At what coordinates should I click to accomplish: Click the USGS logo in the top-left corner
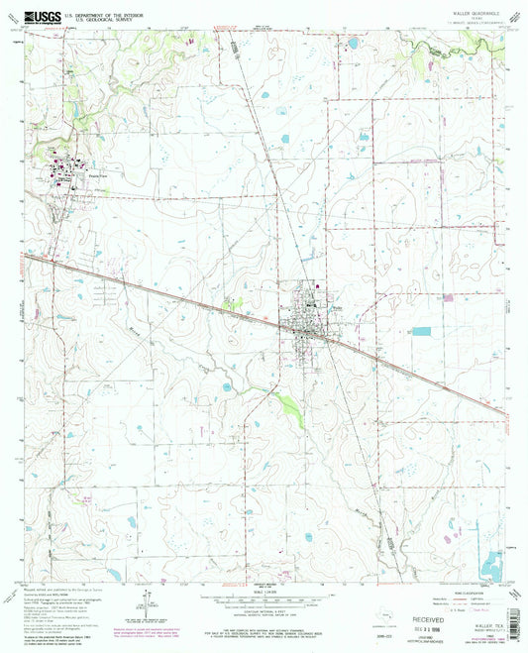click(36, 16)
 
